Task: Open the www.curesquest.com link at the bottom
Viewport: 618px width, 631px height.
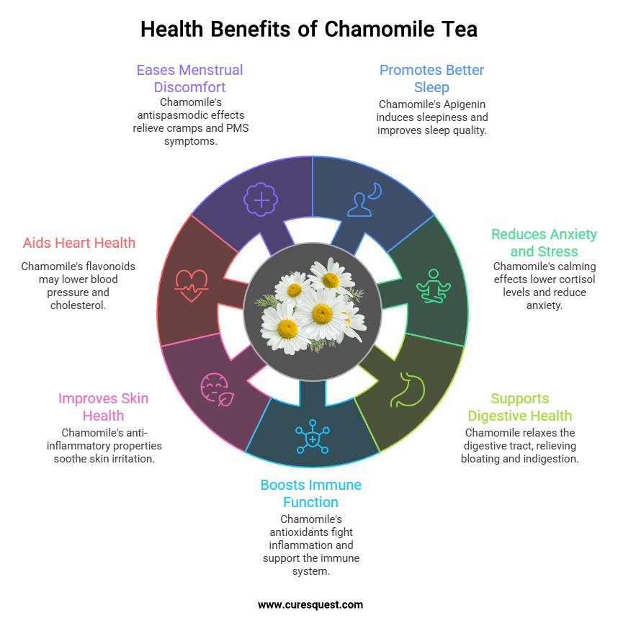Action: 310,605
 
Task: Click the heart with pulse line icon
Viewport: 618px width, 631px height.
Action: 190,285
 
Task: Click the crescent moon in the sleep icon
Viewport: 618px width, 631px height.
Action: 375,191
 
